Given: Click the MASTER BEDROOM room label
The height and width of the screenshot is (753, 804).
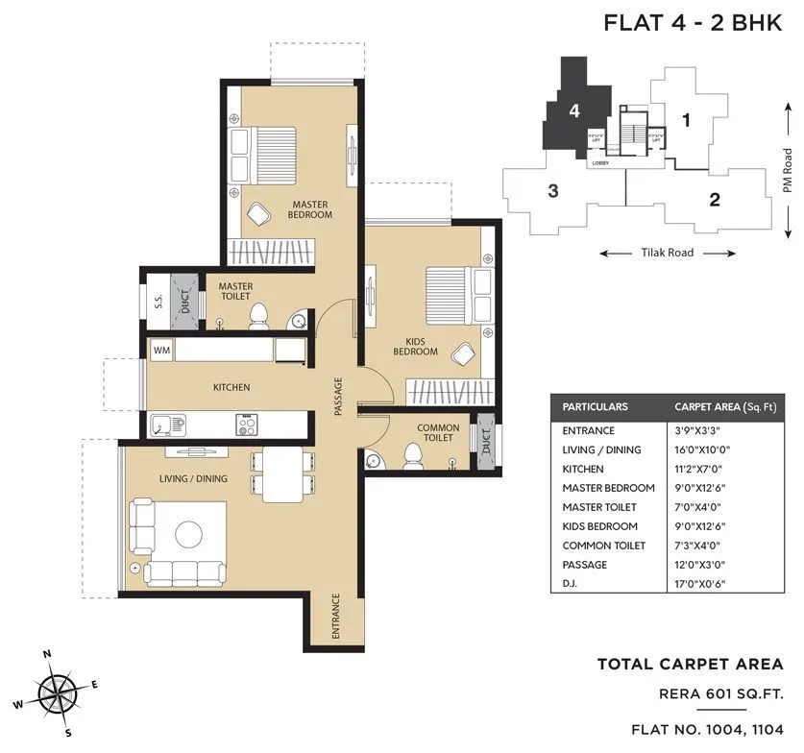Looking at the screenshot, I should (309, 209).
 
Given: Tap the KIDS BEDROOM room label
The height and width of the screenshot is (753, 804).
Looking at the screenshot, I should (415, 346).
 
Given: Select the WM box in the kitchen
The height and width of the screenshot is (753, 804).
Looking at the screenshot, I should (161, 351).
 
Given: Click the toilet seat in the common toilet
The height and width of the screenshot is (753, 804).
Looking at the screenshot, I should (413, 455).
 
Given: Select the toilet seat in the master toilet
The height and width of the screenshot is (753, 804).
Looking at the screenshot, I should (257, 317).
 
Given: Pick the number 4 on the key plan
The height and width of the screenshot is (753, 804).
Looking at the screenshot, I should (573, 110).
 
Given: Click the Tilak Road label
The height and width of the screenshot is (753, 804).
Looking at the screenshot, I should (668, 254).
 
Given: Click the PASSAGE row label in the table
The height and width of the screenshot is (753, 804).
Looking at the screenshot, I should (584, 565).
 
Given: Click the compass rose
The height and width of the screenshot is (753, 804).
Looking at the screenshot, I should (60, 691).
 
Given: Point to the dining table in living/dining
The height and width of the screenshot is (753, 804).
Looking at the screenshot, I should (281, 474).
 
